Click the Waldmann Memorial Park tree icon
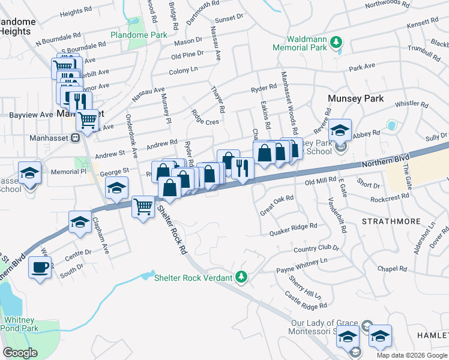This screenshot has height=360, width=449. [x=337, y=41]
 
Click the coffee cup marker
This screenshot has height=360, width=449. [x=40, y=267]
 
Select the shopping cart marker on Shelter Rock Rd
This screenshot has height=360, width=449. [x=143, y=207]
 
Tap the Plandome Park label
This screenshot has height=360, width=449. [x=139, y=35]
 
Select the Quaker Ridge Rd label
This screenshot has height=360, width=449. [x=293, y=228]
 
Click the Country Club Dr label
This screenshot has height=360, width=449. [x=316, y=248]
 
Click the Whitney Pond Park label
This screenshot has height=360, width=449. [x=20, y=324]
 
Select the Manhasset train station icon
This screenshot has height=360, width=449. [x=76, y=137]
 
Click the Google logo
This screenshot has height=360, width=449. [x=20, y=353]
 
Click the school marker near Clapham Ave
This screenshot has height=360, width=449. [x=80, y=221]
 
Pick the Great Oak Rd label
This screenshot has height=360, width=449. [x=276, y=205]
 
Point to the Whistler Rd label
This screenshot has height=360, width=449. [x=411, y=103]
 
